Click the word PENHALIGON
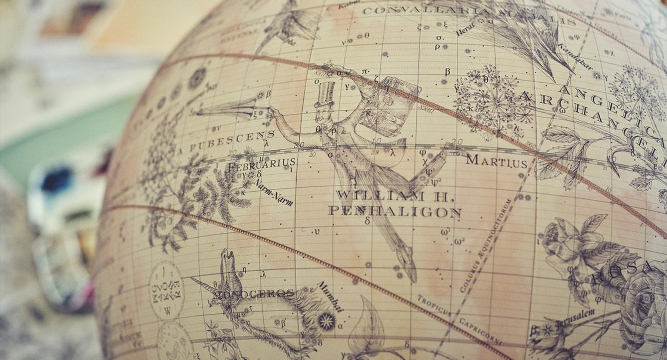click(x=395, y=211)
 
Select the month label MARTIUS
click(x=496, y=161)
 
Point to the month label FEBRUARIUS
click(x=261, y=164)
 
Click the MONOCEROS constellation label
click(x=254, y=294)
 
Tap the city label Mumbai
click(x=330, y=297)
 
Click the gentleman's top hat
click(x=326, y=93)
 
